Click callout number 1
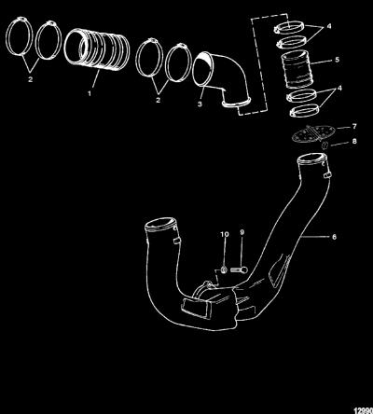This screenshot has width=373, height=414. point(90,93)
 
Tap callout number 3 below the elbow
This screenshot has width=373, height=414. point(200,103)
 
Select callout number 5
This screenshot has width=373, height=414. point(338,60)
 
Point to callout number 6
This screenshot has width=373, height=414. point(334,237)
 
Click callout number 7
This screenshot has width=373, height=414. point(354,127)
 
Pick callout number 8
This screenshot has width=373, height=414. point(354,142)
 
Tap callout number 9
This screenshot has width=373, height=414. point(242,232)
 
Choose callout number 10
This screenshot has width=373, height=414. point(225,234)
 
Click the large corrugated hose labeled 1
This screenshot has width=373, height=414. point(97,49)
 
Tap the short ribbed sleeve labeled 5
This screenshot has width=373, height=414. point(297,69)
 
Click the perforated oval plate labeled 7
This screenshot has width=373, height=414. point(312,133)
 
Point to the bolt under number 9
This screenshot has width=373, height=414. point(240,269)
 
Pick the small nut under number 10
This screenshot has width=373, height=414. point(224,269)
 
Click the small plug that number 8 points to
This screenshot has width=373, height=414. point(324,145)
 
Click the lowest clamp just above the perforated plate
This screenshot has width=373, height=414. point(305,111)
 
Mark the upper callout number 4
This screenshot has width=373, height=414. point(328,26)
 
